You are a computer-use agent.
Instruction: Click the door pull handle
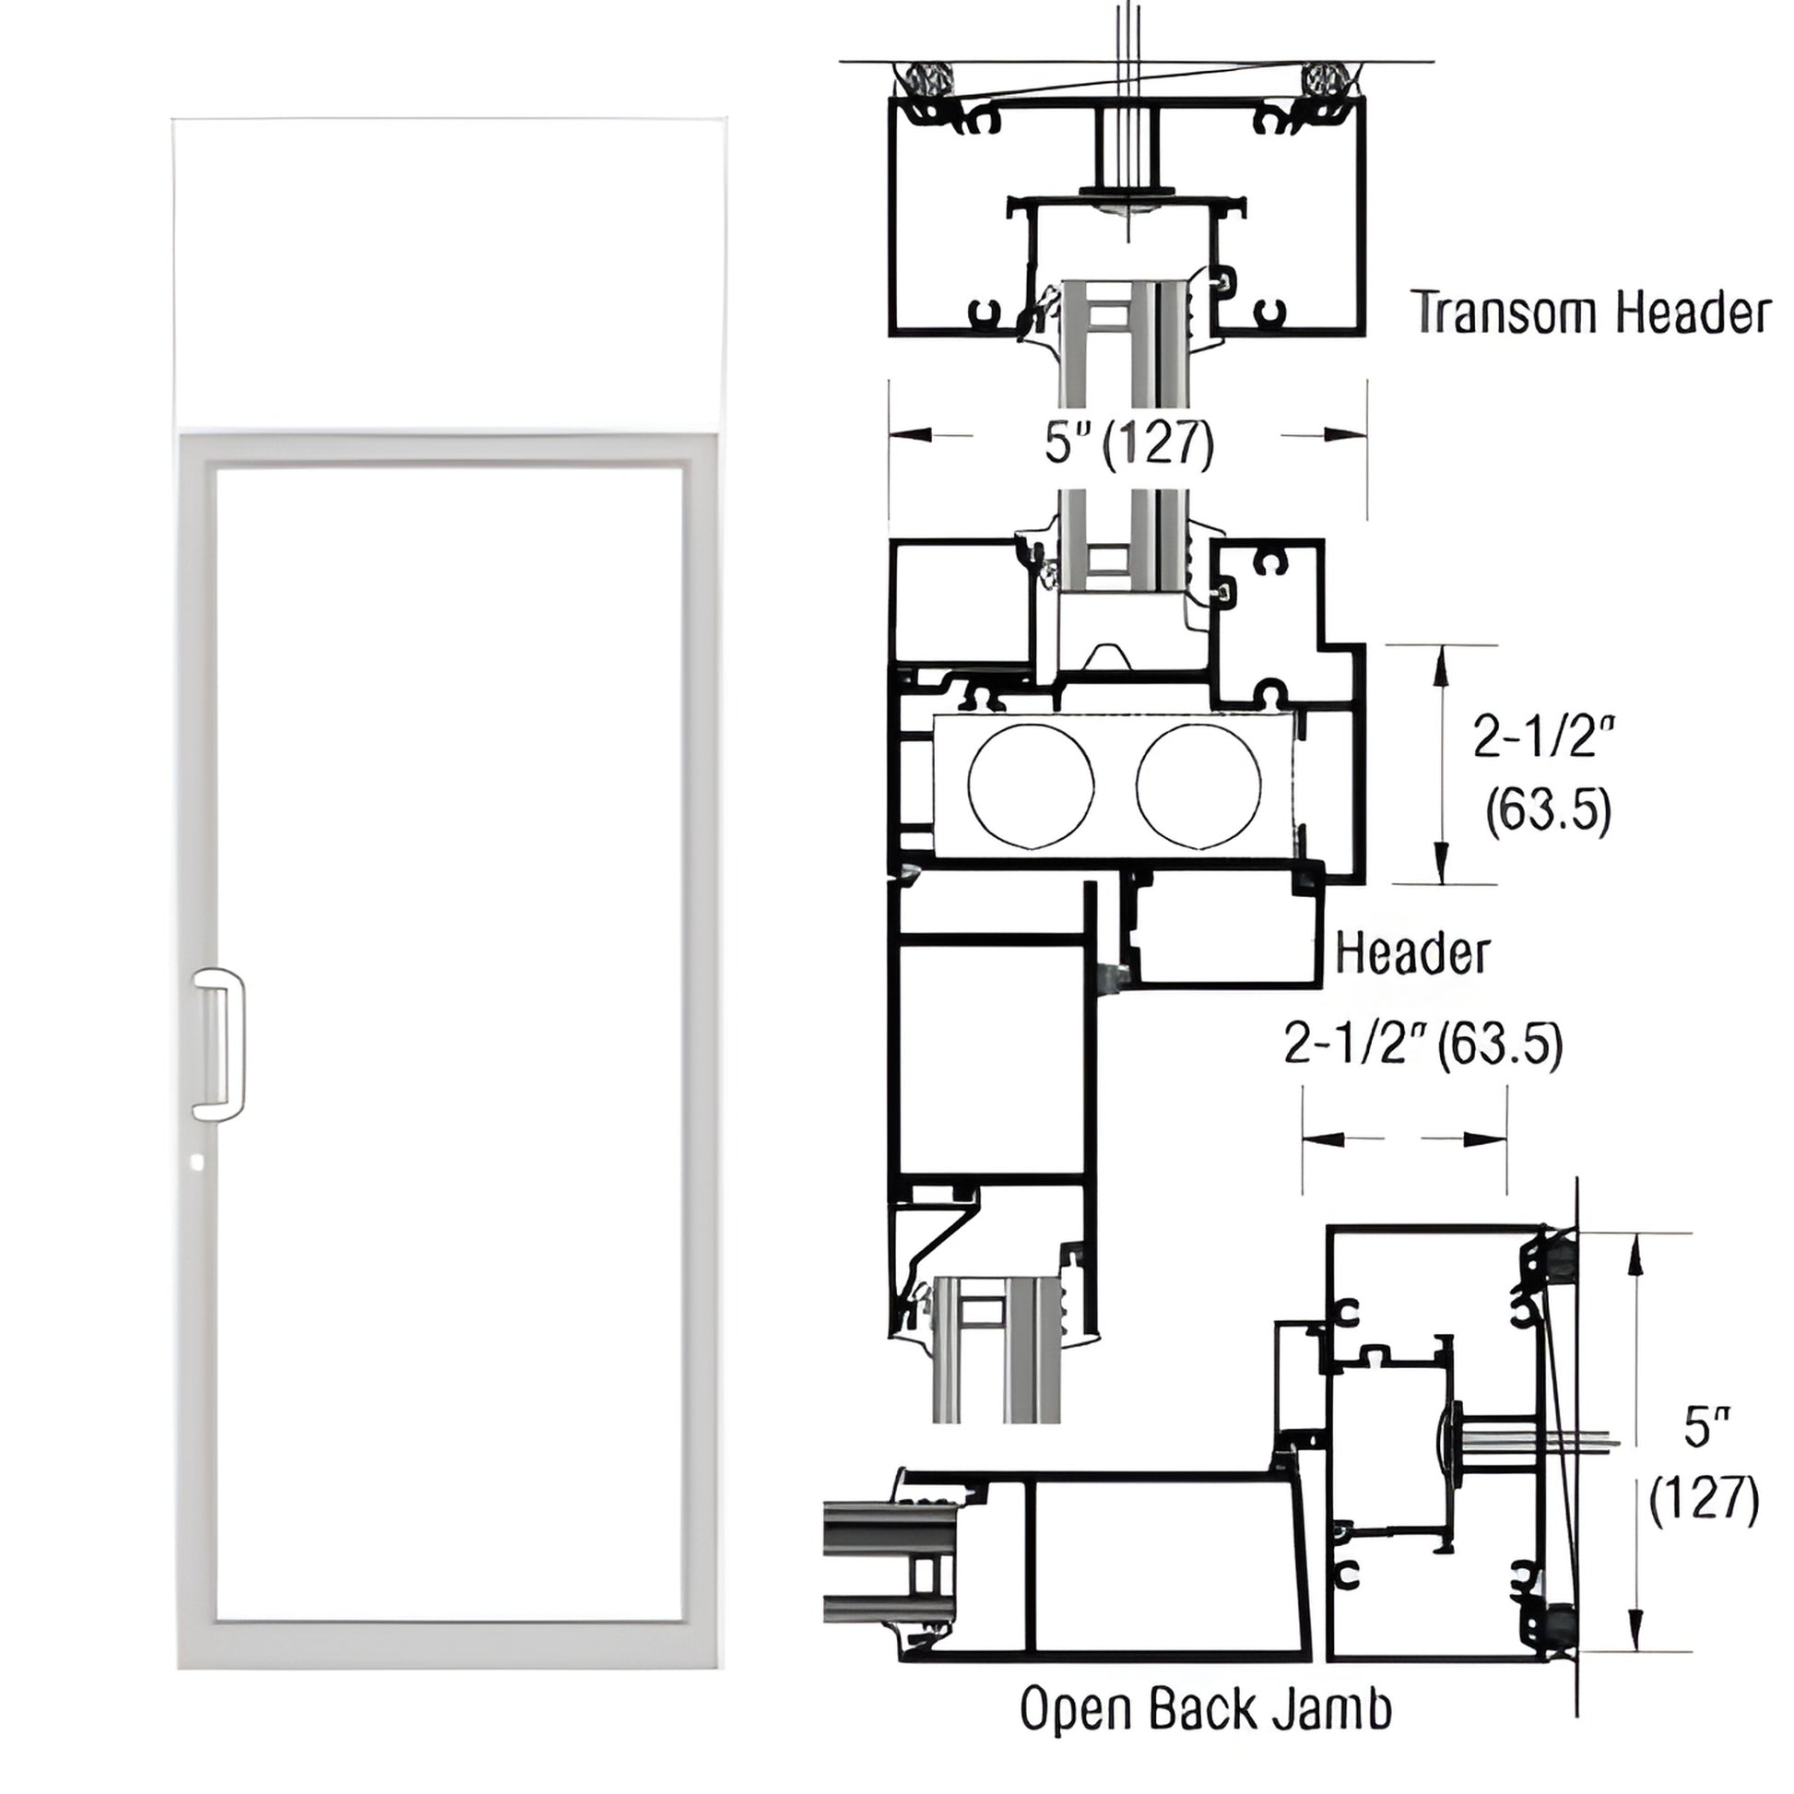tap(219, 1043)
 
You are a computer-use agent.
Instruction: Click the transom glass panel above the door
tap(447, 274)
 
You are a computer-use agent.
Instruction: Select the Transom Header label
tap(1593, 313)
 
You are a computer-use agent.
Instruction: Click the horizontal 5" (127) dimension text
tap(1129, 442)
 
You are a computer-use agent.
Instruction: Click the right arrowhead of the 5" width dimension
tap(1347, 433)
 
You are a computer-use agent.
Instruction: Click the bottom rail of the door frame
tap(447, 1642)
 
